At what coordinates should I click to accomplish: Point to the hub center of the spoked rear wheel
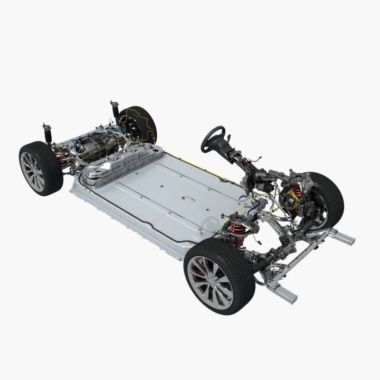(31, 170)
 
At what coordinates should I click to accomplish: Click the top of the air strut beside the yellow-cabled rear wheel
(113, 104)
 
